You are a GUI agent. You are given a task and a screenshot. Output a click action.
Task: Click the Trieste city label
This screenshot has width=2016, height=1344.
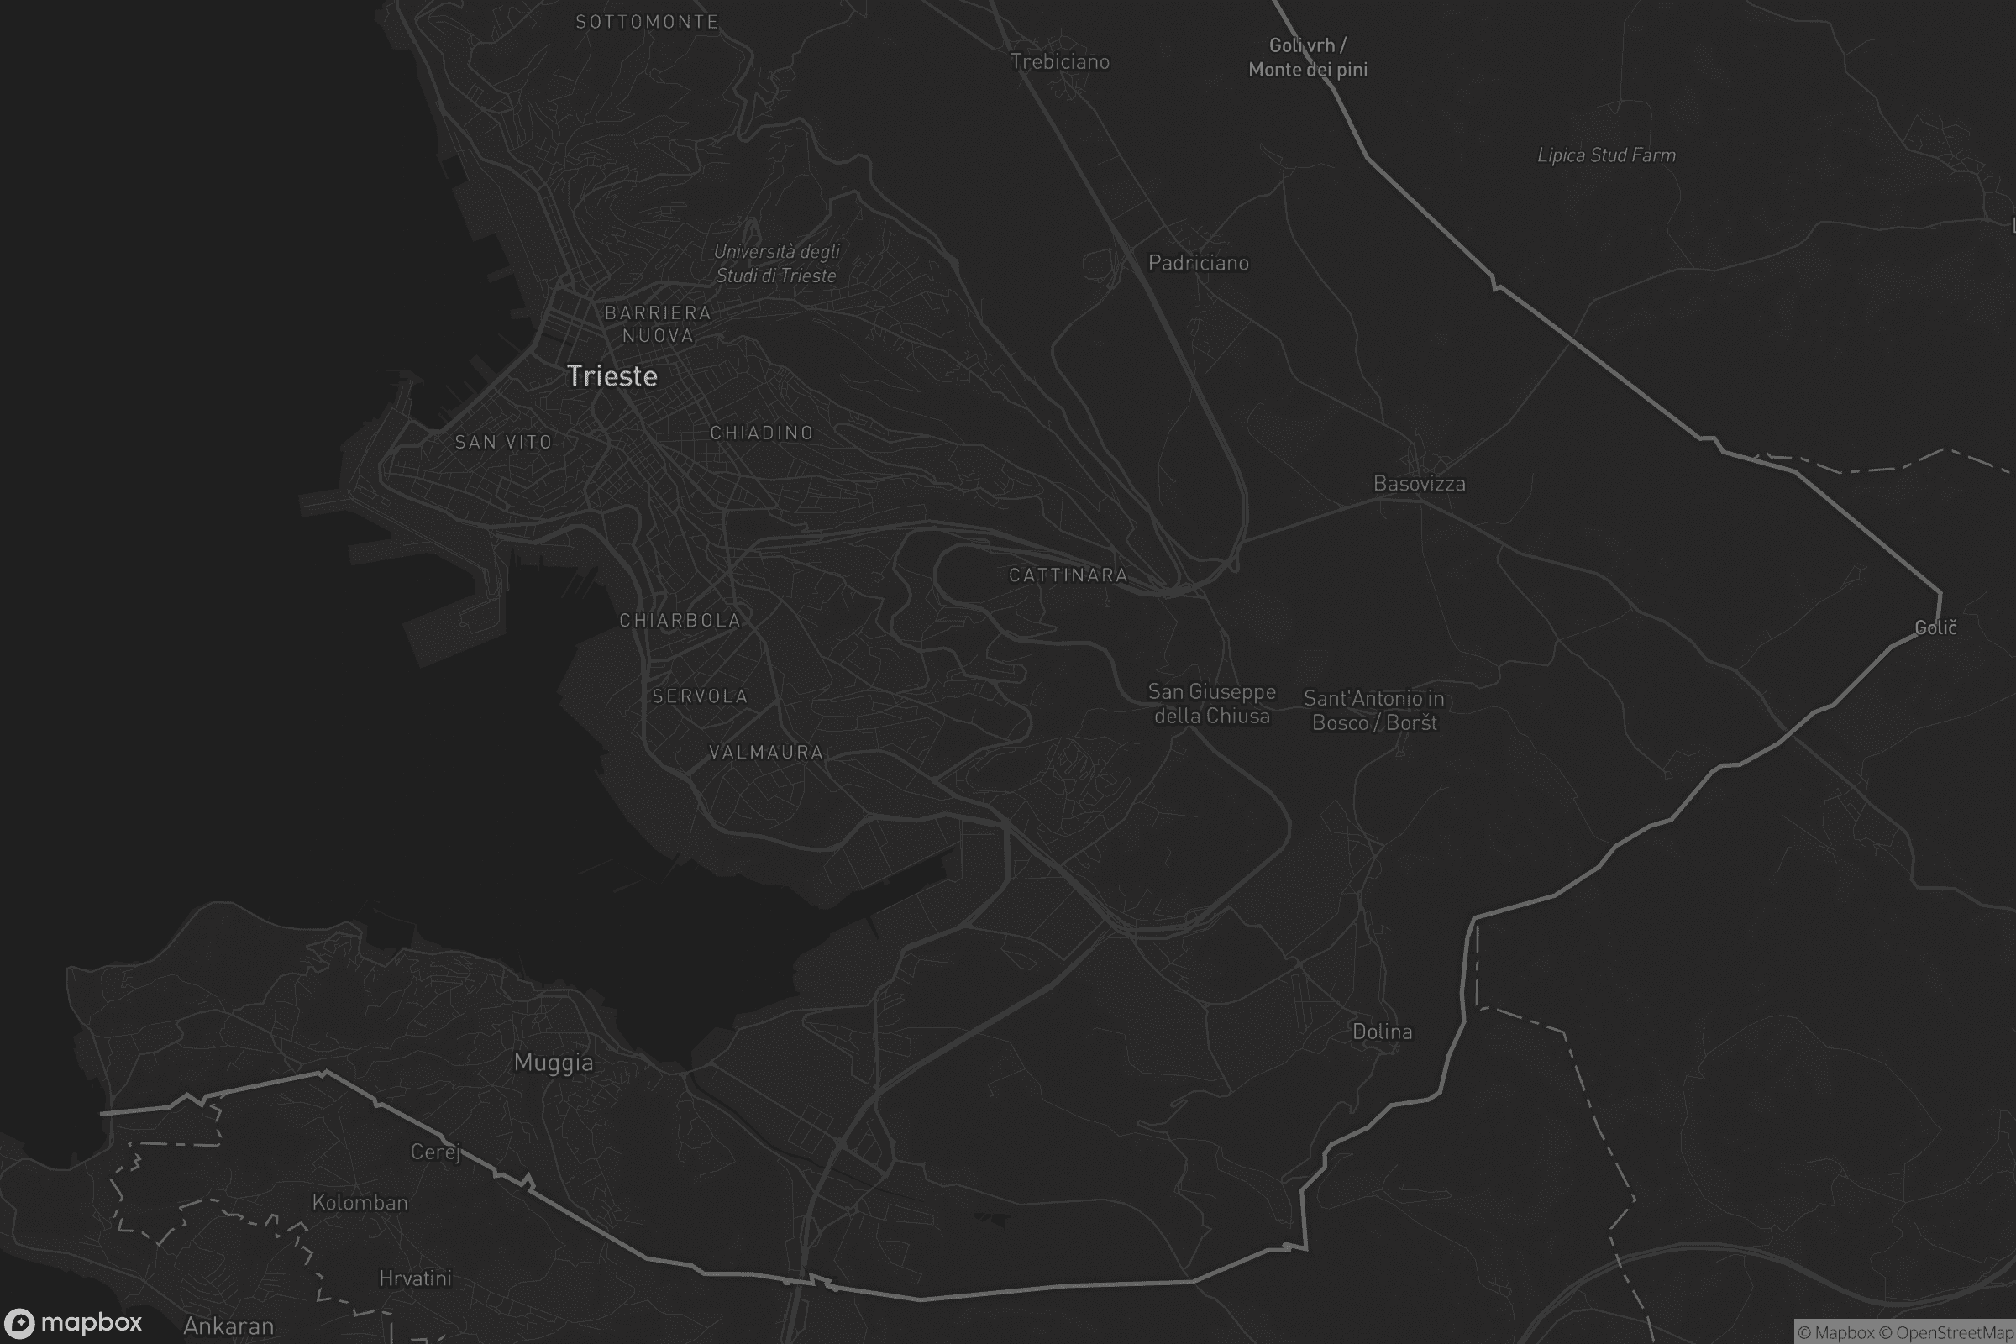coord(612,376)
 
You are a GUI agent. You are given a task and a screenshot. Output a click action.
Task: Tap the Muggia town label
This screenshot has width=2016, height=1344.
coord(553,1063)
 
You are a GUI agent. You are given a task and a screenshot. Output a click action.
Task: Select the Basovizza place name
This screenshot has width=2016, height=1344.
coord(1419,484)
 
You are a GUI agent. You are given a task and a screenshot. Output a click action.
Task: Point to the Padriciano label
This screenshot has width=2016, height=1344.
coord(1198,263)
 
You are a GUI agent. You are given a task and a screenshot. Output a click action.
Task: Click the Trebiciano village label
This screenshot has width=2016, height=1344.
coord(1059,61)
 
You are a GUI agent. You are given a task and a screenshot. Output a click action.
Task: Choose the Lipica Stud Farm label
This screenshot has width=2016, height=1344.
coord(1605,155)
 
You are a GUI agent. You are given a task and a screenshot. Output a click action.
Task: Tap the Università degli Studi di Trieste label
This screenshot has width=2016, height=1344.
coord(775,263)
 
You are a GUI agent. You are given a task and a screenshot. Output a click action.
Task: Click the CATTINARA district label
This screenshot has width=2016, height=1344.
coord(1068,575)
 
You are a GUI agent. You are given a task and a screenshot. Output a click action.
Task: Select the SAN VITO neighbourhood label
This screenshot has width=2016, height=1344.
coord(503,443)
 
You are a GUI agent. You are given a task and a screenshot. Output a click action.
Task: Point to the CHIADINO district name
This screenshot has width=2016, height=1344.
coord(761,433)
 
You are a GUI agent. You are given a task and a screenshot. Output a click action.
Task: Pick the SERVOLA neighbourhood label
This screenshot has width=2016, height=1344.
coord(700,696)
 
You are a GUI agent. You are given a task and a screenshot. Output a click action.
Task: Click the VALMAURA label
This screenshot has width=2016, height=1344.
coord(765,753)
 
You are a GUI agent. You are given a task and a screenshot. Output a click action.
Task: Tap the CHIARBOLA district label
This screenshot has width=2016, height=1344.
coord(680,621)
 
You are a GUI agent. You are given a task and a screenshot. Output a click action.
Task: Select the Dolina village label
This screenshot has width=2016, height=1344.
coord(1382,1032)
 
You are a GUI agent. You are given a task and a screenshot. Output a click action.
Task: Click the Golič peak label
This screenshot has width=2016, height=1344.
coord(1935,628)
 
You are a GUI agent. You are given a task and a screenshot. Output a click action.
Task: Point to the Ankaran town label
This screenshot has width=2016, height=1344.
coord(228,1326)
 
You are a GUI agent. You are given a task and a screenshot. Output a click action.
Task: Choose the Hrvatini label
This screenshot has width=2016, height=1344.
coord(415,1278)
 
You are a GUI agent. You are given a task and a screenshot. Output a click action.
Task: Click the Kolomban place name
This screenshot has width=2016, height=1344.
coord(360,1203)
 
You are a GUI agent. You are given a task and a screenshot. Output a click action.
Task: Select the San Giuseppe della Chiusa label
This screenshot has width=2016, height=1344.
coord(1211,704)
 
